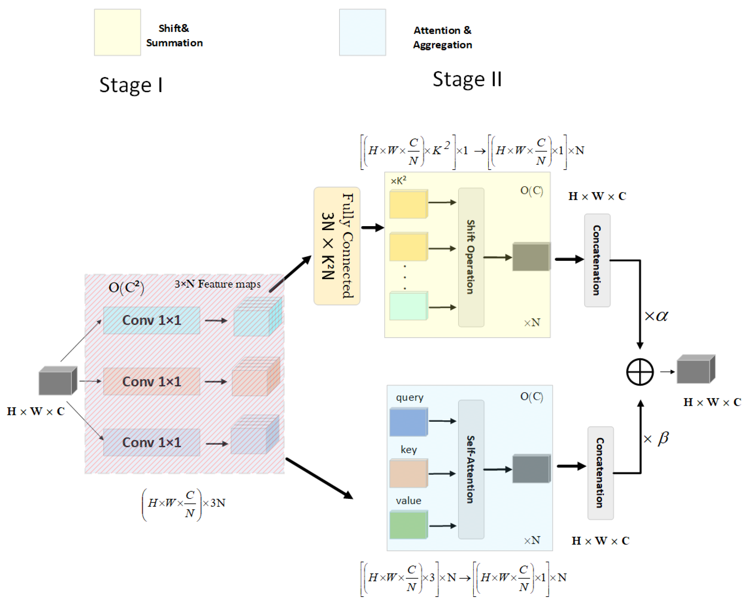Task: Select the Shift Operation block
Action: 471,257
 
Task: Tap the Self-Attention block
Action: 471,469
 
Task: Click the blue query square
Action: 408,422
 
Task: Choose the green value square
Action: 408,525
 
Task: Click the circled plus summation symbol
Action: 640,372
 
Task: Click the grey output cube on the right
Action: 695,369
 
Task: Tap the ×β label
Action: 656,438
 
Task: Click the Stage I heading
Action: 131,85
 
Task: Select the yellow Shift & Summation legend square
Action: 117,32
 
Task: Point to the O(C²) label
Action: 126,287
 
